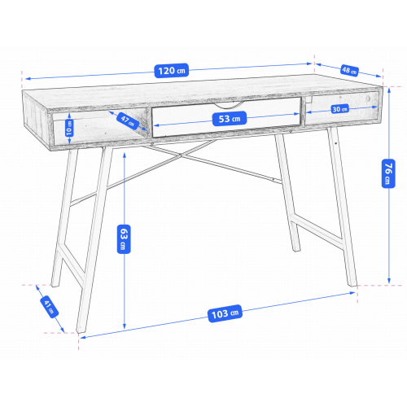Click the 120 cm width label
point(172,71)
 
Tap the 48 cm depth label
point(349,71)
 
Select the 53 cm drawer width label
point(230,119)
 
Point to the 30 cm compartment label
point(340,109)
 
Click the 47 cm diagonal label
point(128,120)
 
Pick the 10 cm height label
point(69,128)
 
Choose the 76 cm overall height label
point(388,173)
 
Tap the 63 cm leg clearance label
point(124,239)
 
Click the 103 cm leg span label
point(225,313)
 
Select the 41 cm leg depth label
point(50,307)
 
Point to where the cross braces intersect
point(181,155)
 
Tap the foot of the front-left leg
point(80,330)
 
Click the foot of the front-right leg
point(352,284)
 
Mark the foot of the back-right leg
point(296,249)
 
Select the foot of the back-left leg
point(55,284)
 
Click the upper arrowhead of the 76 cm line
point(389,90)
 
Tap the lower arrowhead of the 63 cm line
point(125,326)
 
